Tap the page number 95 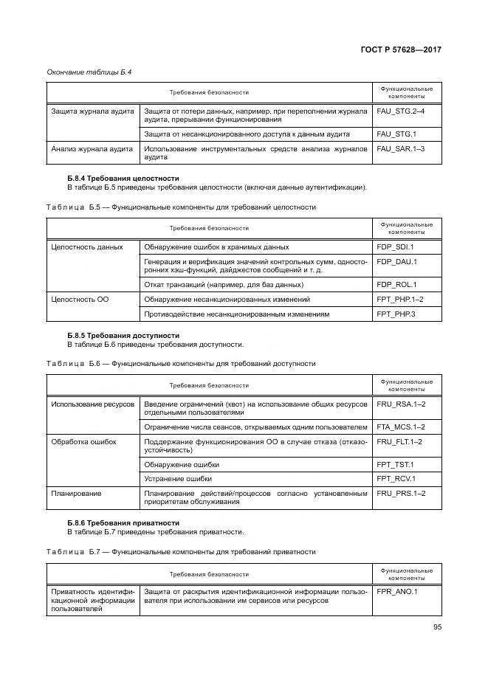pos(436,628)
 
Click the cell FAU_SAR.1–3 pos(400,149)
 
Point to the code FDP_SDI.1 pos(395,247)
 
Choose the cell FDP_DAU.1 pos(396,261)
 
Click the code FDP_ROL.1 pos(396,285)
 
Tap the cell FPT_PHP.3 pos(396,314)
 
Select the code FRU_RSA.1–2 pos(401,404)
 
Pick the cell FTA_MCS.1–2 pos(400,427)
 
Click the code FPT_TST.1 pos(395,465)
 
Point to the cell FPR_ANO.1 pos(397,592)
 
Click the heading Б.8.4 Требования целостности pos(123,178)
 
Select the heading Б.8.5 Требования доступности pos(123,336)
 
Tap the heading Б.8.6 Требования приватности pos(123,523)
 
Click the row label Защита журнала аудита pos(92,111)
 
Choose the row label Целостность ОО pos(80,300)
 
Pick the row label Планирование pos(76,493)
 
